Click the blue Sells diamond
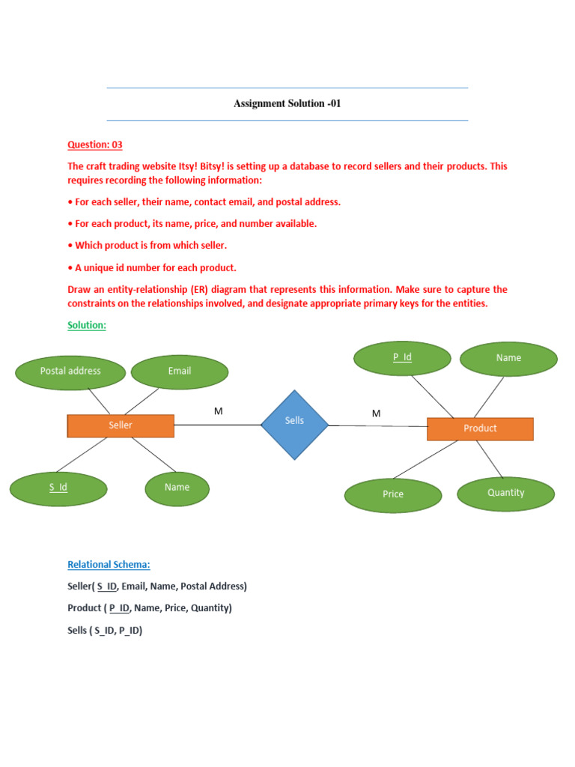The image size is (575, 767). [294, 424]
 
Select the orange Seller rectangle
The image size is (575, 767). [121, 425]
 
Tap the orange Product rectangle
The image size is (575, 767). [480, 428]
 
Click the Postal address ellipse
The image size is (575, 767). [70, 372]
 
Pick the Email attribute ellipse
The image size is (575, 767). [180, 372]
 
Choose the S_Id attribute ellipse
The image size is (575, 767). [58, 488]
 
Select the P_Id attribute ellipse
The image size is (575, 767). [402, 358]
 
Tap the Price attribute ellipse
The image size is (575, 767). [393, 494]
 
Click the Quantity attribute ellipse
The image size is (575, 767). [506, 493]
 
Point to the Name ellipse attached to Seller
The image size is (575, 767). [177, 488]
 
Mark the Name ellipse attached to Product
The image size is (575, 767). [508, 358]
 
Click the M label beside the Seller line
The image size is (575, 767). [219, 411]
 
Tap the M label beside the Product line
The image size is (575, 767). [376, 413]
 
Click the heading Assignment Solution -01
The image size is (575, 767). [287, 103]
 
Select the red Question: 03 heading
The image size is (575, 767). [95, 145]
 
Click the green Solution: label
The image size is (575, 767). [87, 325]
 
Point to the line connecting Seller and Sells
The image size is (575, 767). [217, 425]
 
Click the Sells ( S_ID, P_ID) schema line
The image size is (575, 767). [105, 630]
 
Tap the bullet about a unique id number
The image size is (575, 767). [152, 267]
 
